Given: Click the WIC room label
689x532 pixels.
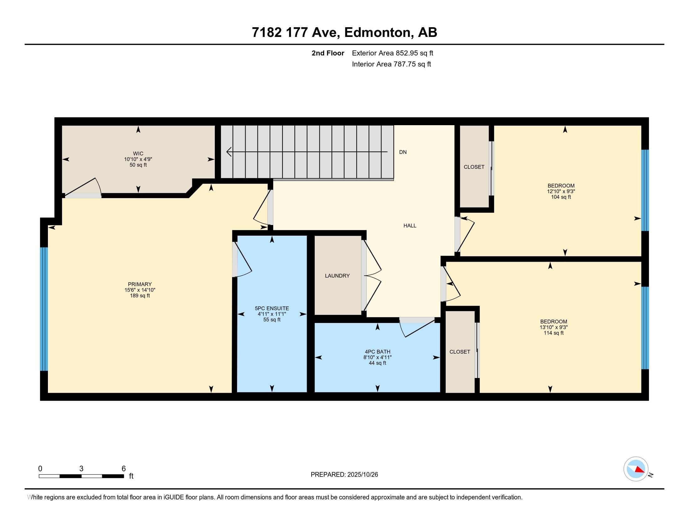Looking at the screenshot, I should point(138,154).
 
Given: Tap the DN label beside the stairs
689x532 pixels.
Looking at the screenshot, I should point(403,152).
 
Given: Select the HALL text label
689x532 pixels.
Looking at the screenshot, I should point(410,226).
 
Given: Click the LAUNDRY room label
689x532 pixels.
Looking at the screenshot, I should point(337,276).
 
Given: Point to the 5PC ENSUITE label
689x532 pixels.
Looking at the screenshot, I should point(272,309).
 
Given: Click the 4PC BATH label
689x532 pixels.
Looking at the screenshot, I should point(377,352).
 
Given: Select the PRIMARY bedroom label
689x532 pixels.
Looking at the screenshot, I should point(140,284).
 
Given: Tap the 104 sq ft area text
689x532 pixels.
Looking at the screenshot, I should point(561,197).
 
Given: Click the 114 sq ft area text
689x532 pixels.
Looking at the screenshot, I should point(553,333).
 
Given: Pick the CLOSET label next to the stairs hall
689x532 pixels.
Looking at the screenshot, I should point(474,167).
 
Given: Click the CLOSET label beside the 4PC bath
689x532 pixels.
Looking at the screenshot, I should point(460,352).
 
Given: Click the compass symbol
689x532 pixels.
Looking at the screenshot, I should point(636,469).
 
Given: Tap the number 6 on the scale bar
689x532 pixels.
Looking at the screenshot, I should point(124,468).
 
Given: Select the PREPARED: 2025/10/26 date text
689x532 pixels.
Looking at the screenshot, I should point(344,475).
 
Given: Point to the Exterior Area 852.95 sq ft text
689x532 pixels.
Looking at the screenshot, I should point(392,53).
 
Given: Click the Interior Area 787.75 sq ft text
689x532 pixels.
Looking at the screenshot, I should point(391,64).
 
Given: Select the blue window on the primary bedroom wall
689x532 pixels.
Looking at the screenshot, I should point(44,309).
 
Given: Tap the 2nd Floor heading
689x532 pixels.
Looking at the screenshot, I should point(328,53).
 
